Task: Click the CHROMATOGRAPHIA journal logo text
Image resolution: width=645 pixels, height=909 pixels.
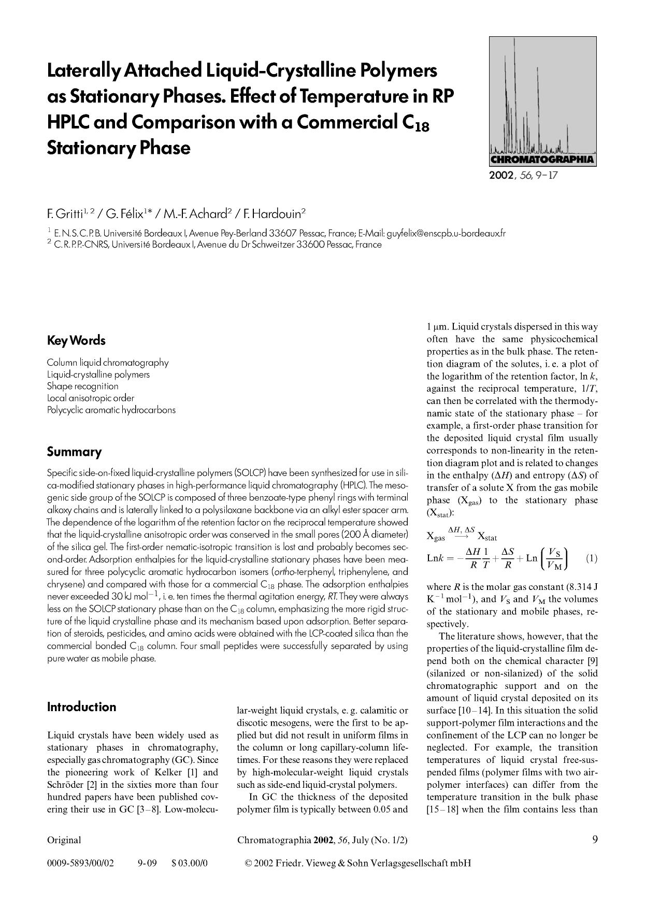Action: pyautogui.click(x=542, y=160)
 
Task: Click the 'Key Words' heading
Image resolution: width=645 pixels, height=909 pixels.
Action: pyautogui.click(x=76, y=341)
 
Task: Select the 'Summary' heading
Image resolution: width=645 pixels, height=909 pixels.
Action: pyautogui.click(x=74, y=452)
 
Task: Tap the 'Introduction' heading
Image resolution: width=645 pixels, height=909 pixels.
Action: pyautogui.click(x=81, y=707)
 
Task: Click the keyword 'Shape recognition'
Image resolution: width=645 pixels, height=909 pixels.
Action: pyautogui.click(x=82, y=386)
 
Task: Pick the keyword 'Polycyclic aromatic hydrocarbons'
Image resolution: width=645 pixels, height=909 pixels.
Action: pyautogui.click(x=111, y=410)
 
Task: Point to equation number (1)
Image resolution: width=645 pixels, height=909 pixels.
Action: pyautogui.click(x=591, y=558)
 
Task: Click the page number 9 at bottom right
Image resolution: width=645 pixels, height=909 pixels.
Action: pyautogui.click(x=595, y=840)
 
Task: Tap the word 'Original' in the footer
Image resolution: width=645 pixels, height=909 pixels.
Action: pyautogui.click(x=64, y=840)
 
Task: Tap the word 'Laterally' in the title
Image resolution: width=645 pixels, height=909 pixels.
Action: pyautogui.click(x=83, y=71)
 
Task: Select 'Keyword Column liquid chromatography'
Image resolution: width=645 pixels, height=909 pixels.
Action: pyautogui.click(x=107, y=363)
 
